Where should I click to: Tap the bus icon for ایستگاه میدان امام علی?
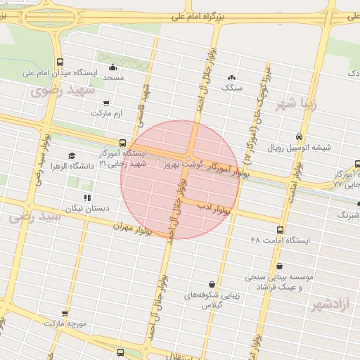(x=59, y=61)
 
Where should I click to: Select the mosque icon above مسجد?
(x=112, y=67)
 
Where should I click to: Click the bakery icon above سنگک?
(x=231, y=77)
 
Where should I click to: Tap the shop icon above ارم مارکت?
(x=86, y=103)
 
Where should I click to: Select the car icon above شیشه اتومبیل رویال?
(x=300, y=137)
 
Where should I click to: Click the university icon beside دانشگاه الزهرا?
(x=71, y=156)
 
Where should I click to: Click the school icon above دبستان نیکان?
(x=87, y=198)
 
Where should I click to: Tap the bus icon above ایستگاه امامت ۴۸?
(x=281, y=230)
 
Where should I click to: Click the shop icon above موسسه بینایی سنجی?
(x=280, y=266)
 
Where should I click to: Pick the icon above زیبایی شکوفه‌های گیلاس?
(x=212, y=284)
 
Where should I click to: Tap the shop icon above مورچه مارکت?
(x=65, y=314)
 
